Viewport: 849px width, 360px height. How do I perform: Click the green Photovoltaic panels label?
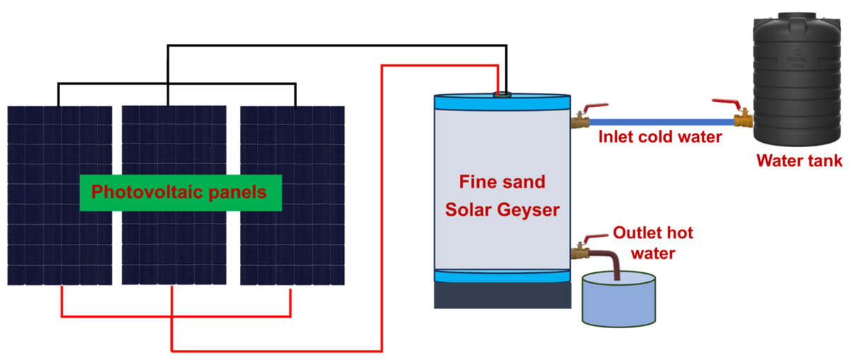180,192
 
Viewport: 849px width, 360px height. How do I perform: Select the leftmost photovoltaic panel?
59,240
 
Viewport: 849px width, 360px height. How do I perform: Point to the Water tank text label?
799,161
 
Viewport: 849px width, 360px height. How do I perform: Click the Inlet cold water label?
660,137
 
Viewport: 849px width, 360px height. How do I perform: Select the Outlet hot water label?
652,242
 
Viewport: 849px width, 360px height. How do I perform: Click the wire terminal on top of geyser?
501,93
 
